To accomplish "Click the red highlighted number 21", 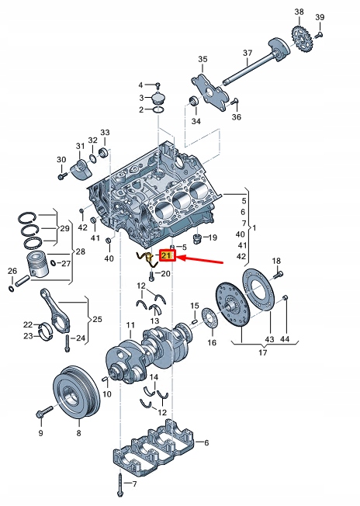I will coord(166,255).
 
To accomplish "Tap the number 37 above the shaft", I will coord(247,54).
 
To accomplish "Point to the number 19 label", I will coord(213,237).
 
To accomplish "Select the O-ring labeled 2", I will coord(158,111).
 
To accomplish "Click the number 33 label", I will coord(106,133).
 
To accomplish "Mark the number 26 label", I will coord(12,270).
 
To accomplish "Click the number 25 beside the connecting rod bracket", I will coord(98,319).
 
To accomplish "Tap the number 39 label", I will coord(320,16).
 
